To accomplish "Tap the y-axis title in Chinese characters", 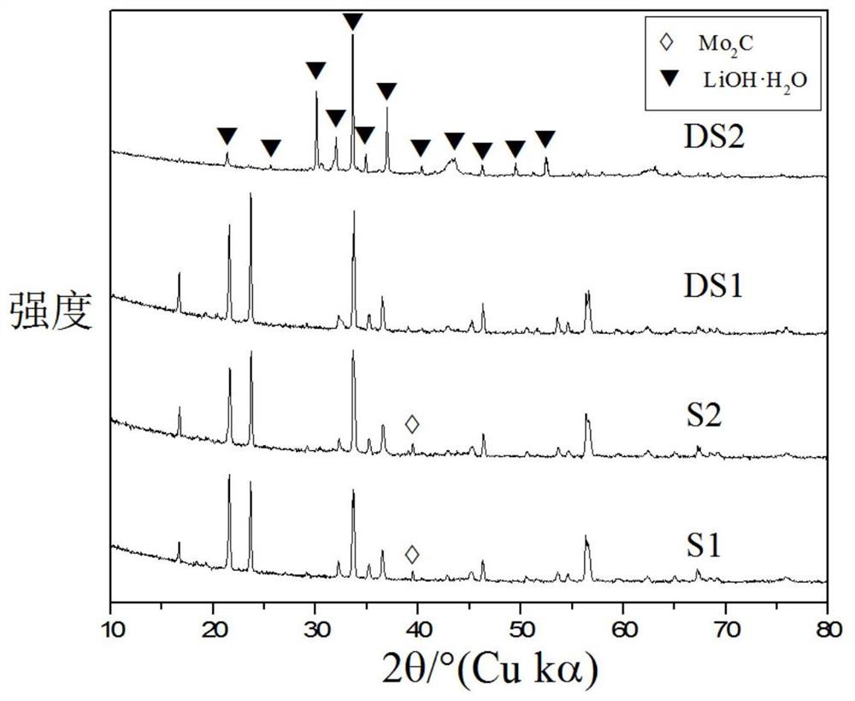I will pyautogui.click(x=50, y=312).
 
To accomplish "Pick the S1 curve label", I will pyautogui.click(x=702, y=545).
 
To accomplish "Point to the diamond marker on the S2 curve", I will pyautogui.click(x=412, y=424).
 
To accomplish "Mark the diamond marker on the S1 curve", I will pyautogui.click(x=412, y=555).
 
